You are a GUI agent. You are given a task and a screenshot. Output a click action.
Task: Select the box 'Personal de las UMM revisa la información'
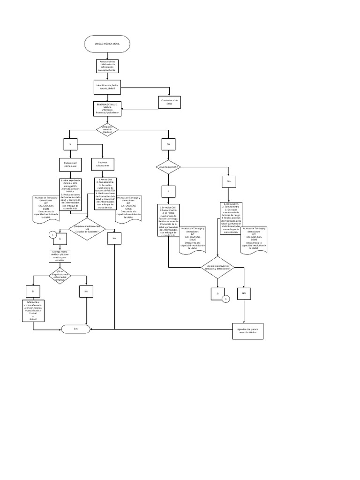tap(107, 66)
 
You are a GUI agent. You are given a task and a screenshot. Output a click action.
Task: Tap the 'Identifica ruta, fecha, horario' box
tap(107, 87)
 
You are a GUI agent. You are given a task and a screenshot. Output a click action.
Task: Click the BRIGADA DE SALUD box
tap(107, 108)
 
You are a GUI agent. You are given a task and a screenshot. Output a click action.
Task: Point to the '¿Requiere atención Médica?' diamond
tap(107, 130)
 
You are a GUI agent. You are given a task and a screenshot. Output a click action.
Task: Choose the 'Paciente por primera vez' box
tap(70, 164)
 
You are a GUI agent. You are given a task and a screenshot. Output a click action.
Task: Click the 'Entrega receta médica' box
tap(60, 256)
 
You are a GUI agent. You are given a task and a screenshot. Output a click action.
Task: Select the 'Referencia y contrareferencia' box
tap(33, 309)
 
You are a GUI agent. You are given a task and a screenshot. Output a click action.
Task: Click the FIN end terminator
tap(75, 329)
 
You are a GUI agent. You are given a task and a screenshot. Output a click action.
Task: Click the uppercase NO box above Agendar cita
tap(244, 293)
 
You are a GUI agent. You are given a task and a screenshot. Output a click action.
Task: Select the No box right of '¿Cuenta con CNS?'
tap(229, 181)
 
